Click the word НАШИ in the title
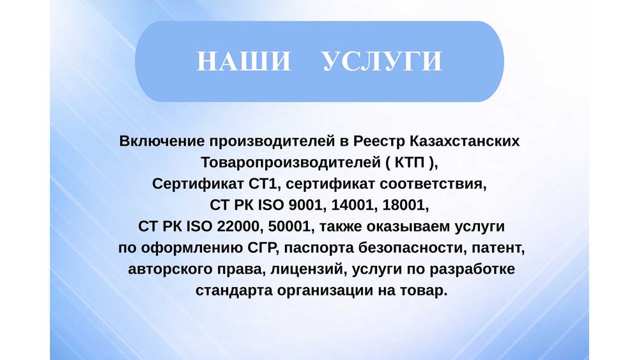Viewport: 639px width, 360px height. (x=243, y=62)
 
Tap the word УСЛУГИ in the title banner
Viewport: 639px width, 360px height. (x=381, y=62)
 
